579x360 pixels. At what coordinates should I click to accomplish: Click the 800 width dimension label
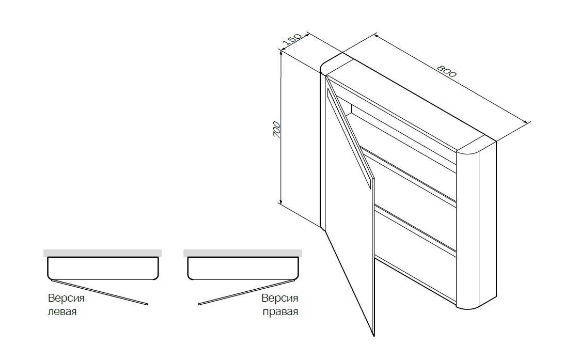tap(447, 71)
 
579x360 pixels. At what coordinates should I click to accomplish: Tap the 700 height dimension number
tap(276, 130)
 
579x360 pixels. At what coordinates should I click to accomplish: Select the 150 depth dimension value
tap(292, 41)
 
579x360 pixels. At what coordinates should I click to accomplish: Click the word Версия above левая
tap(66, 298)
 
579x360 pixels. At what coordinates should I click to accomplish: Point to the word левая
tap(62, 311)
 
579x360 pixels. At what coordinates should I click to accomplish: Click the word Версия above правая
tap(279, 298)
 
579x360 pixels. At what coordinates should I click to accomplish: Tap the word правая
tap(280, 312)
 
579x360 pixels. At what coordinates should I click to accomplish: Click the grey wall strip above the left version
tap(102, 253)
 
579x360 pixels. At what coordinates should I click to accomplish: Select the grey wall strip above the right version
tap(243, 253)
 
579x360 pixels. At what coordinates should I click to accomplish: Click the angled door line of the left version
tap(99, 292)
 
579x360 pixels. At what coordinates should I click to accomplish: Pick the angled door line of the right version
tap(246, 292)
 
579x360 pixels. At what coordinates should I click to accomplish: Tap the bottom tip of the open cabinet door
tap(374, 336)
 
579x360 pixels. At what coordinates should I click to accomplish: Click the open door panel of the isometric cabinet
tap(349, 207)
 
